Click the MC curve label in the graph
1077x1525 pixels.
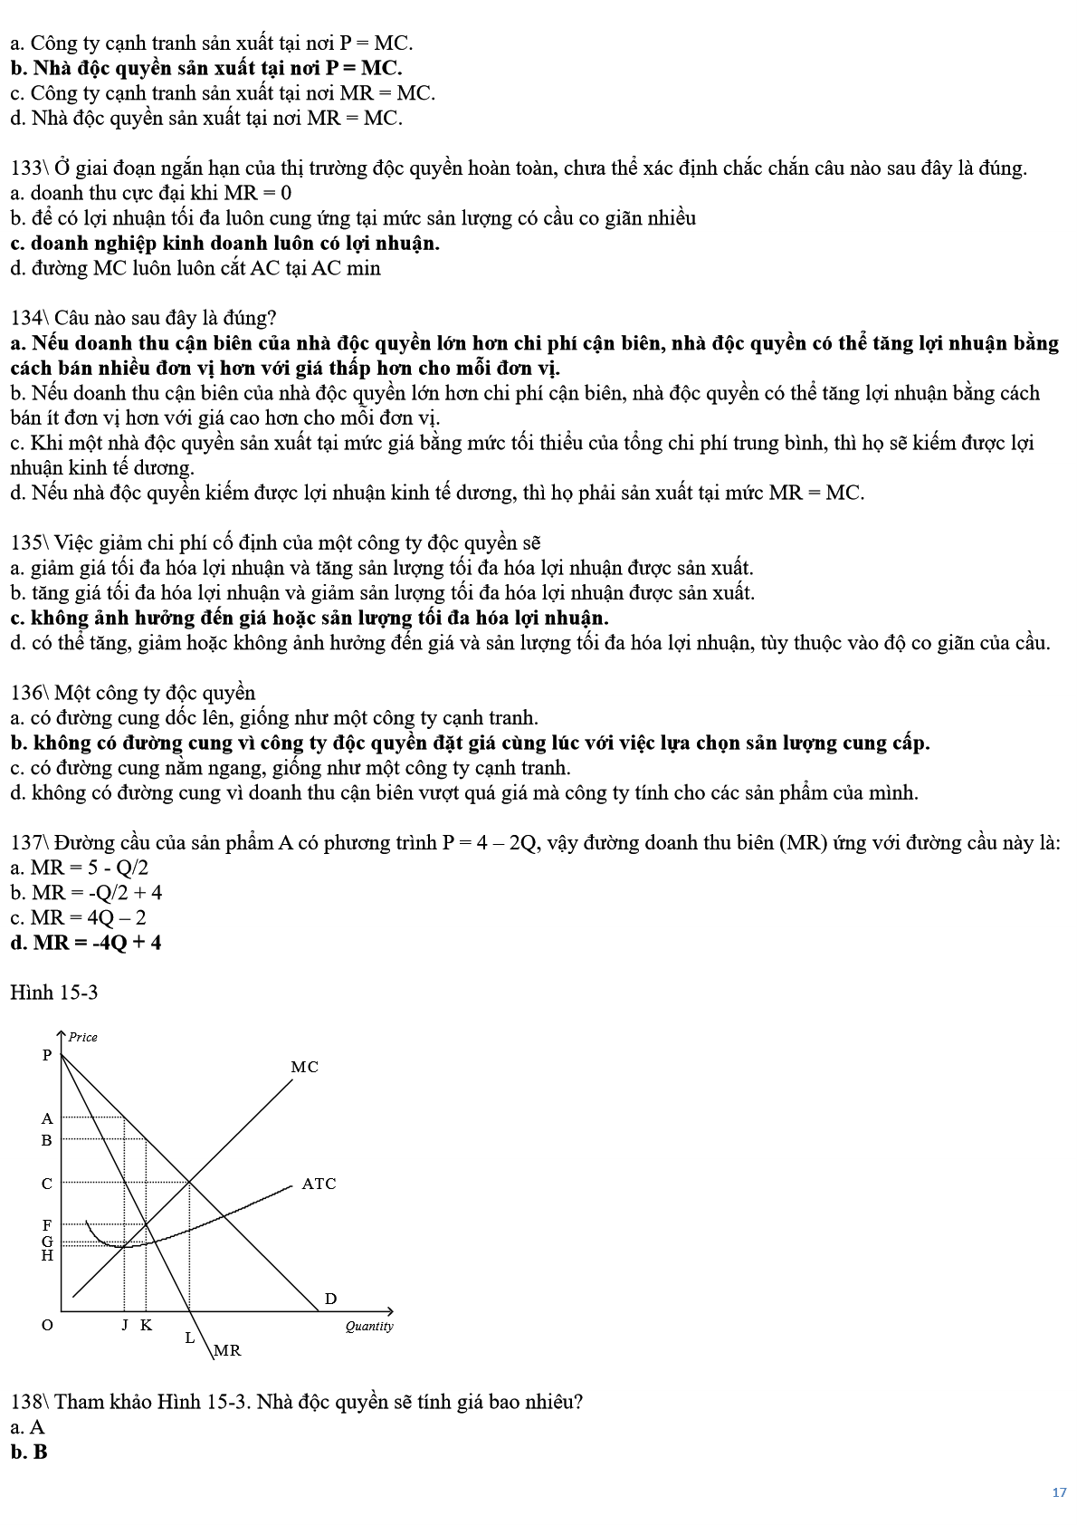point(304,1067)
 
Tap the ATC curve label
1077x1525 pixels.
point(319,1184)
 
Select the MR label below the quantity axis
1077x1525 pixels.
point(227,1350)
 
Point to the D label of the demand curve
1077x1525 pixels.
point(330,1299)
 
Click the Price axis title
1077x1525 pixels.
point(83,1037)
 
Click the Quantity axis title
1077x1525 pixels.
point(369,1326)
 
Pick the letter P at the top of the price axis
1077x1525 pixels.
point(47,1055)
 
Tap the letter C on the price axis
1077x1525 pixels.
point(47,1184)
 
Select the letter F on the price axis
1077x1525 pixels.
point(47,1225)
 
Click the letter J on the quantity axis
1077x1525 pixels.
point(126,1325)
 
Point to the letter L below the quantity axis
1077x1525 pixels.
point(190,1337)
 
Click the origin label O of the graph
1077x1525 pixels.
point(47,1325)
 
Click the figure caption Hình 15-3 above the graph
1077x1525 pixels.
point(53,993)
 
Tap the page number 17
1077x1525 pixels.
point(1059,1492)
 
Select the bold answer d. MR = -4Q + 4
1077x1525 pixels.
point(86,943)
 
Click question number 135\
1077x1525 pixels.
point(29,542)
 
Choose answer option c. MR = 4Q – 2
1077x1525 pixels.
point(78,917)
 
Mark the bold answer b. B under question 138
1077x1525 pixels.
point(29,1452)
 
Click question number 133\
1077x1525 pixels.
point(29,168)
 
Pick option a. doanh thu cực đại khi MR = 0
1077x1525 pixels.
point(151,193)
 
